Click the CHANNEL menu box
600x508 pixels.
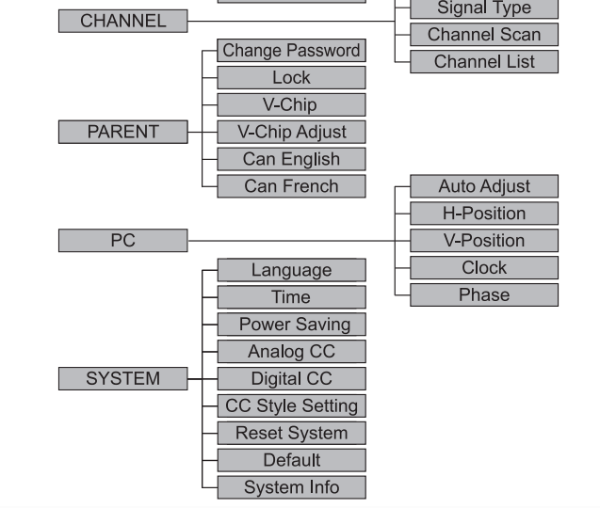(122, 21)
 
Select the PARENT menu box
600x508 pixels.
(122, 132)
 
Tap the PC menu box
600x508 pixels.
(122, 241)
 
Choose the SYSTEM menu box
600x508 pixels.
(122, 378)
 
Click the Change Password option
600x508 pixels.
(291, 50)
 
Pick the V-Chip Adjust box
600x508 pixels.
(291, 132)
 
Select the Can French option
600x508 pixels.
(291, 186)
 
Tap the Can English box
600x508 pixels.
(291, 159)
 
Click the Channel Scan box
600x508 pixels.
(484, 35)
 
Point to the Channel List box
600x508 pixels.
(484, 62)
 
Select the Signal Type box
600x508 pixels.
(484, 8)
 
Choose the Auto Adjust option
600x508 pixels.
(484, 186)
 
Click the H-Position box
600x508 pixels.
(484, 214)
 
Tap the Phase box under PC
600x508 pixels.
(484, 295)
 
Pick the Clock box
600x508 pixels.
(484, 268)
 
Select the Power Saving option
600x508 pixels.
(291, 325)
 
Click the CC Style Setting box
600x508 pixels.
(291, 406)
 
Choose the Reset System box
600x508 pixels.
(291, 434)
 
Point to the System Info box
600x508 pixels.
(291, 488)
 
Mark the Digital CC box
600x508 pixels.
(291, 379)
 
